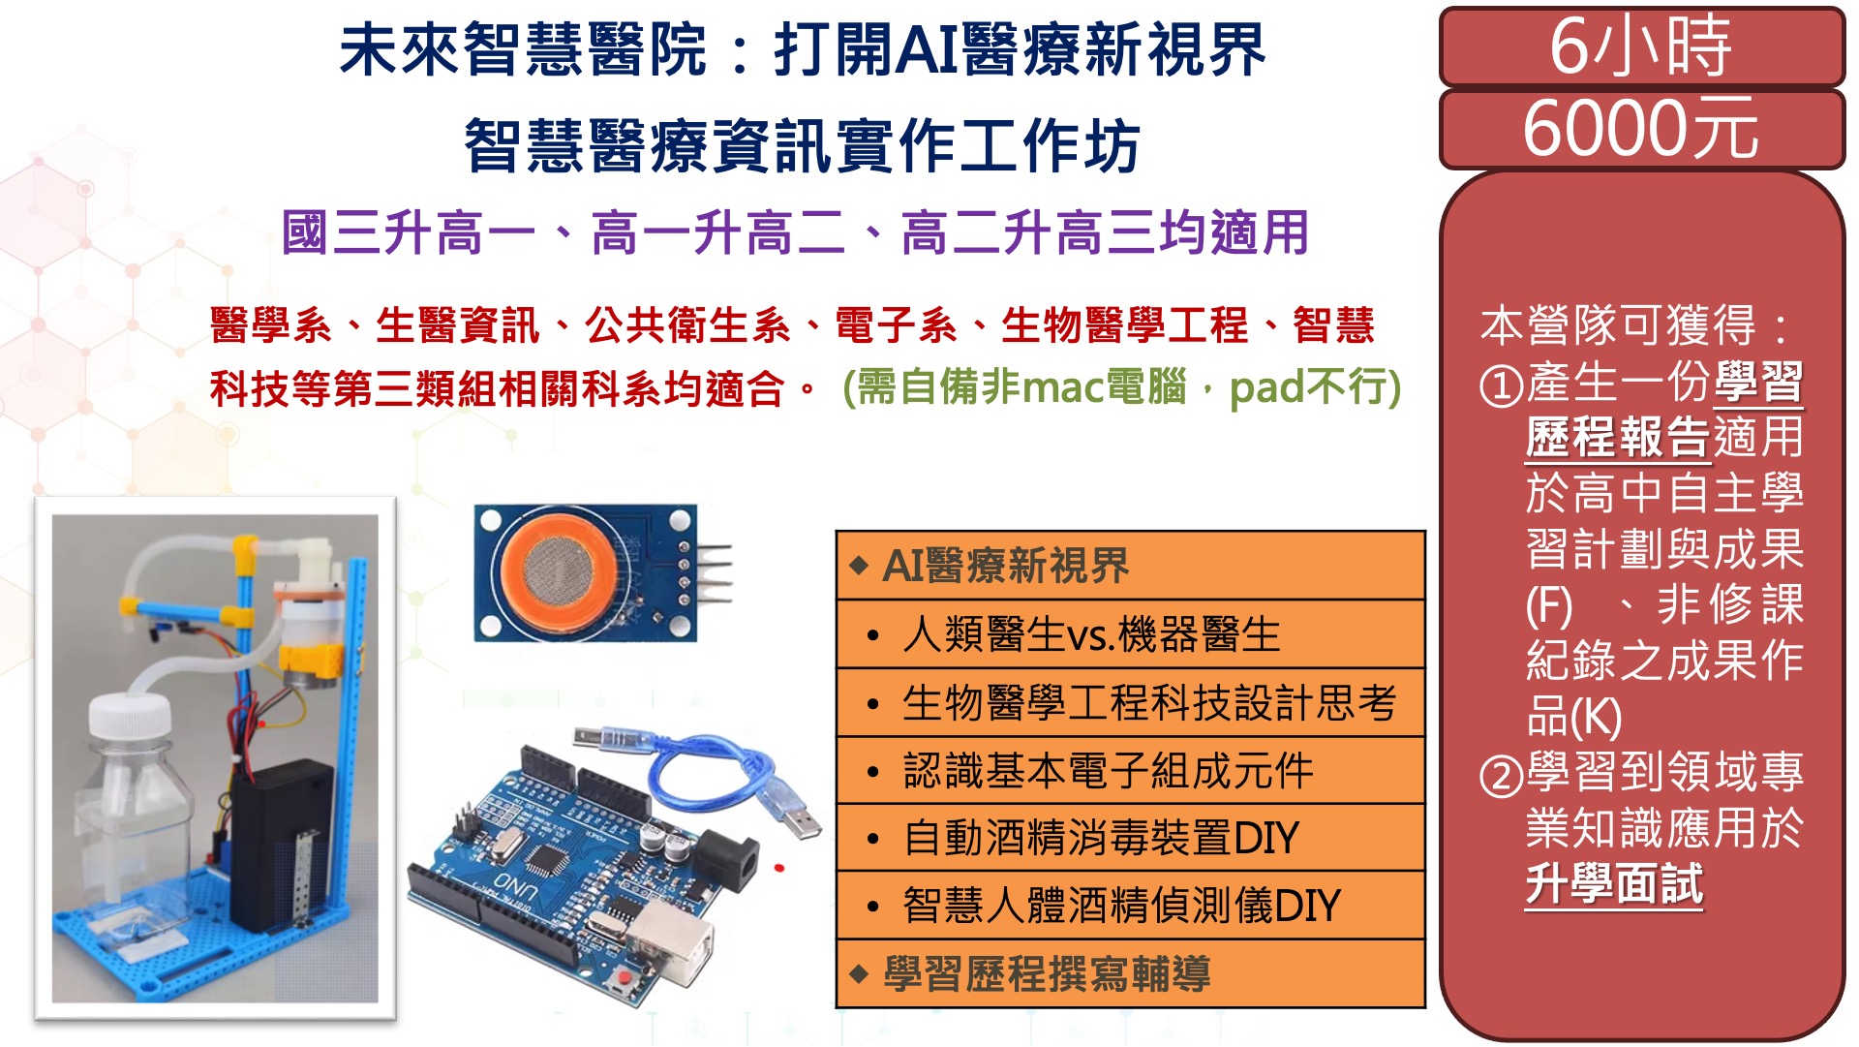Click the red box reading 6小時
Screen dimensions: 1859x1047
click(1641, 46)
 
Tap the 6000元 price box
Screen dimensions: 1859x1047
click(1641, 130)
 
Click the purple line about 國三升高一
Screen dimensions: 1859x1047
click(795, 233)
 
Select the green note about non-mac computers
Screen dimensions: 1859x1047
click(1122, 387)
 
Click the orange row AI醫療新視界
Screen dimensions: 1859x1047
click(1130, 566)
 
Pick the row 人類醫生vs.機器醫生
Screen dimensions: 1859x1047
click(1130, 634)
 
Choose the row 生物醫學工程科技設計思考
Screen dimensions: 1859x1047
click(1130, 703)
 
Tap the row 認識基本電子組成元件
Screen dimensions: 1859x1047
click(1130, 771)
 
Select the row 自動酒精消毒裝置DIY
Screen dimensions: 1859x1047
click(1130, 838)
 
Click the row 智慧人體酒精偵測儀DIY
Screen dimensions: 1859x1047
click(1130, 906)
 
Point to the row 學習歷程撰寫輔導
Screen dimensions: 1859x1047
click(1130, 974)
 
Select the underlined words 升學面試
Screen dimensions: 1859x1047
click(1614, 883)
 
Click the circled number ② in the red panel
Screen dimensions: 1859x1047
click(1502, 776)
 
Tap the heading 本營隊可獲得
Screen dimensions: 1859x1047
click(1618, 325)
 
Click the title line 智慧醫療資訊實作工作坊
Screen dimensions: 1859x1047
click(803, 146)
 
